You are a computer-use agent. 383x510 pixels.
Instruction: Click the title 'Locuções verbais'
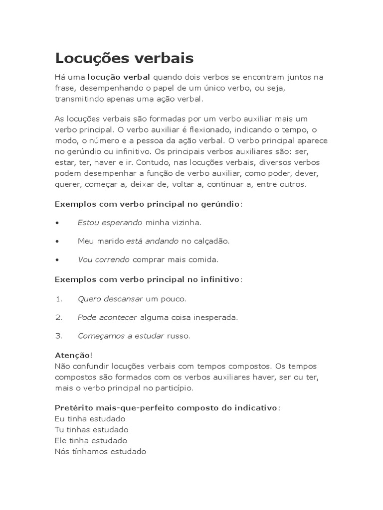click(x=124, y=58)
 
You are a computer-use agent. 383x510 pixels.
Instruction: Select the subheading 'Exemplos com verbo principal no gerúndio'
click(x=147, y=204)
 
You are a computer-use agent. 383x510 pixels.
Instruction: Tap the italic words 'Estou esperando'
click(x=110, y=223)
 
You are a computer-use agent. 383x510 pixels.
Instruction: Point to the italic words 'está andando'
click(x=152, y=241)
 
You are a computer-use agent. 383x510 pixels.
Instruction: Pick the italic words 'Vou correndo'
click(x=103, y=259)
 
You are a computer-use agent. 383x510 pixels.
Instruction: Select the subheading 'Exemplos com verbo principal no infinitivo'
click(x=147, y=279)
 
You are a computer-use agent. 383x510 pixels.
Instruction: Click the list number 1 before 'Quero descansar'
click(x=58, y=299)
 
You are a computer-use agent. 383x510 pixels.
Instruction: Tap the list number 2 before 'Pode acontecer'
click(x=58, y=317)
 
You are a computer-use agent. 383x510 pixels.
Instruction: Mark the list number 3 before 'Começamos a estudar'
click(x=58, y=336)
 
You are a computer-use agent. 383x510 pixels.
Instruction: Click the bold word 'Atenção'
click(x=72, y=355)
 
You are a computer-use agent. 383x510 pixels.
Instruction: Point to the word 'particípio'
click(x=174, y=387)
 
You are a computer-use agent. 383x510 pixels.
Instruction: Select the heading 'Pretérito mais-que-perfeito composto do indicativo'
click(x=166, y=407)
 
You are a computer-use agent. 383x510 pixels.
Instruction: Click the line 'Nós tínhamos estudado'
click(x=100, y=451)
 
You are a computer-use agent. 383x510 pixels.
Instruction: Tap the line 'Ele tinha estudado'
click(x=91, y=440)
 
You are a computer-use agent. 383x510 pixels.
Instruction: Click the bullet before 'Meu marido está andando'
click(x=58, y=241)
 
